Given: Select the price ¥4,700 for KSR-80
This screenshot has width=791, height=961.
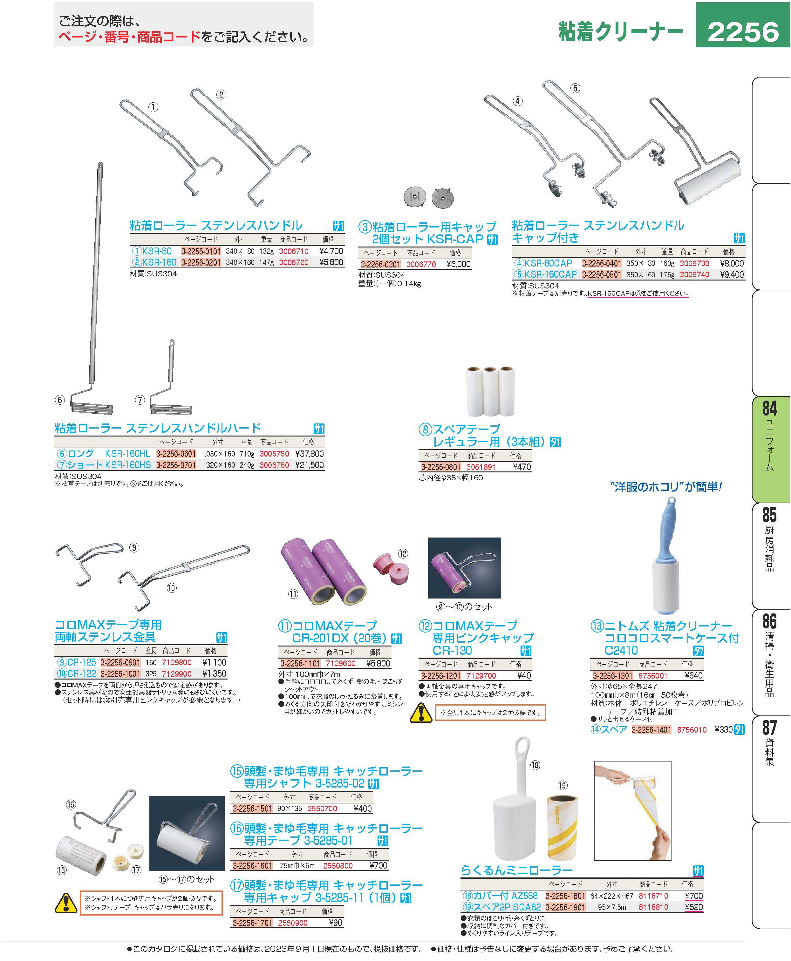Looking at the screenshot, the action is [x=331, y=251].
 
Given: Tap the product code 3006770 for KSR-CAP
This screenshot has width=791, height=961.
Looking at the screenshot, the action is [x=421, y=264].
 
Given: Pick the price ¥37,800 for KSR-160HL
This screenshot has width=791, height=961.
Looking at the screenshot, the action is [x=310, y=454].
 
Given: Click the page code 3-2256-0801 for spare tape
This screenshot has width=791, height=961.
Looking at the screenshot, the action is [x=440, y=467].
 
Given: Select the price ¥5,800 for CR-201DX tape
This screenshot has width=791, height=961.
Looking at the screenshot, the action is [x=378, y=664].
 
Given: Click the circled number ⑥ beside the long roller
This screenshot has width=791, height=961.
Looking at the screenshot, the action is [x=60, y=400].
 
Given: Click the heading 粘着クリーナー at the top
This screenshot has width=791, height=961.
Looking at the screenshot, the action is [x=621, y=32].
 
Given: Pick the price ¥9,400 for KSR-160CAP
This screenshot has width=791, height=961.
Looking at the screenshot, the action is [x=732, y=274].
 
